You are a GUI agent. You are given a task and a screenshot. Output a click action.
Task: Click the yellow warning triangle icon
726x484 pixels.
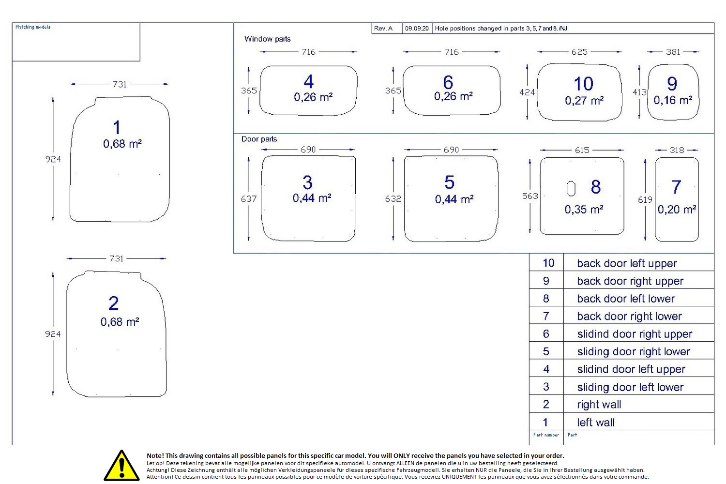click(x=121, y=466)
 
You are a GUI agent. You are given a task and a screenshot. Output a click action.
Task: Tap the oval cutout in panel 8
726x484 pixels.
click(x=571, y=189)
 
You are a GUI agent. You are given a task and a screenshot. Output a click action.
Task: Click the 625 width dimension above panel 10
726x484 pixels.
click(x=579, y=52)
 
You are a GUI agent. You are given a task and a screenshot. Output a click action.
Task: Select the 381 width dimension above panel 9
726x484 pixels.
click(x=673, y=52)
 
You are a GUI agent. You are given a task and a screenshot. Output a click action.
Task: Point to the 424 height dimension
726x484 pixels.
click(x=527, y=92)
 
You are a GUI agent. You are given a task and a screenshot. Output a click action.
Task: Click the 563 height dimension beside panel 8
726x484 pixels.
click(x=530, y=196)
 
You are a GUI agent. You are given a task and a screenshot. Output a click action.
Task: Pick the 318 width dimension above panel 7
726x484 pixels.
click(x=677, y=150)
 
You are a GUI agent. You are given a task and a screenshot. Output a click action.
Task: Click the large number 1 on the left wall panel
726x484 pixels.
click(x=117, y=127)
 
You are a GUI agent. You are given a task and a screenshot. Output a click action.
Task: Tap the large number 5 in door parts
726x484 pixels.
click(x=449, y=182)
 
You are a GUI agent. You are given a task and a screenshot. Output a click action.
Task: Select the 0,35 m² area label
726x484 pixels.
click(x=584, y=210)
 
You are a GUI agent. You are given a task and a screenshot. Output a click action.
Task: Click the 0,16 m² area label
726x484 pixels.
click(x=673, y=100)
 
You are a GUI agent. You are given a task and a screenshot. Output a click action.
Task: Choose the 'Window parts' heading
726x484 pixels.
click(x=267, y=39)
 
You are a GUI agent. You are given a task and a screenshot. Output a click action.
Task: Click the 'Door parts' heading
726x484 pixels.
click(x=259, y=139)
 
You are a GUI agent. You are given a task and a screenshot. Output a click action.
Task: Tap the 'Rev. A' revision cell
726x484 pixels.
click(x=383, y=29)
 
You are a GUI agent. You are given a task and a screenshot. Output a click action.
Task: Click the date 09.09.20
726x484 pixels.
click(x=417, y=29)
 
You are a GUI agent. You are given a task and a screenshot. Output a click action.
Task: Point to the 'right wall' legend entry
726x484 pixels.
click(x=599, y=405)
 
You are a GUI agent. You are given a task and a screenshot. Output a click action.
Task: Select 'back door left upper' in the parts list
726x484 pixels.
click(x=627, y=263)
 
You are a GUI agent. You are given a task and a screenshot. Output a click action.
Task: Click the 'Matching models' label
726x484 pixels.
click(x=33, y=27)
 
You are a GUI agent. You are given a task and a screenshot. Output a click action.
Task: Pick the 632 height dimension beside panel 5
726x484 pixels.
click(x=393, y=199)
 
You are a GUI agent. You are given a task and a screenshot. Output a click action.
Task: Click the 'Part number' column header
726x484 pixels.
click(x=546, y=435)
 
